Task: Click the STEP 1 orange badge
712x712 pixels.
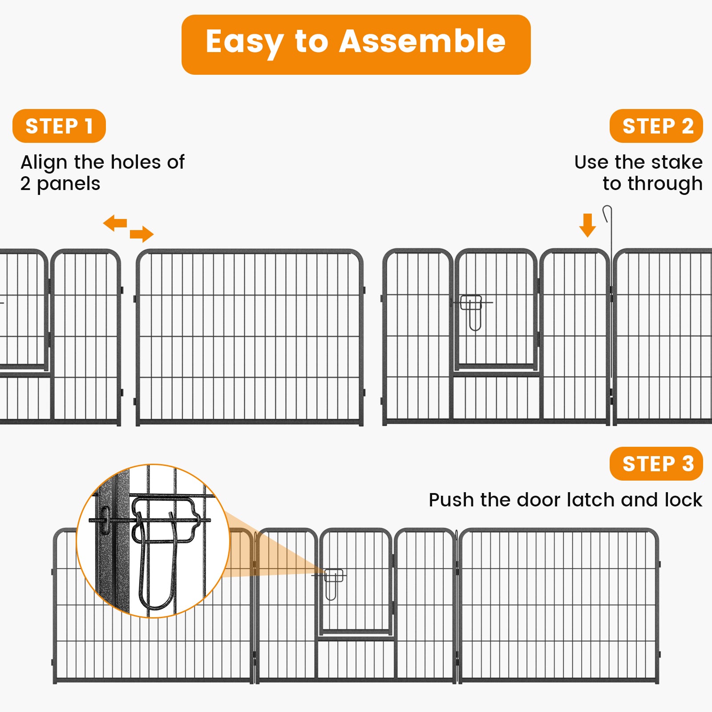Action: [59, 126]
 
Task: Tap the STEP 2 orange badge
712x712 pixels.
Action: [656, 126]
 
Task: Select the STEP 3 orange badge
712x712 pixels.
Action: [656, 464]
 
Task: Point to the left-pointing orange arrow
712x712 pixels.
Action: [115, 223]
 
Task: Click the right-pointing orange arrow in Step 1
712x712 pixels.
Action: [142, 234]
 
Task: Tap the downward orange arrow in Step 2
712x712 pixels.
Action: [587, 225]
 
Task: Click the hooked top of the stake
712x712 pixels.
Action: [607, 213]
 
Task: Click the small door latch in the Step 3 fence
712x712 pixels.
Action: [333, 582]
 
